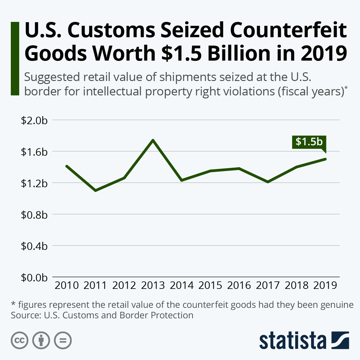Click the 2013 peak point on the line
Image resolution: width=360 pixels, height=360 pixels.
point(153,140)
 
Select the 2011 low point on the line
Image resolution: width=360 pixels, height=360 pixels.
point(95,190)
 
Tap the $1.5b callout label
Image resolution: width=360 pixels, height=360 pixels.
point(309,142)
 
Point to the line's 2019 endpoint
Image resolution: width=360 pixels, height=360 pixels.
point(325,159)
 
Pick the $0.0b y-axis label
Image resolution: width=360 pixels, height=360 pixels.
point(34,277)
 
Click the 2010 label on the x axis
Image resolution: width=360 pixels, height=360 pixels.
point(67,285)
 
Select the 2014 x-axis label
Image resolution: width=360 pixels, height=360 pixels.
point(181,285)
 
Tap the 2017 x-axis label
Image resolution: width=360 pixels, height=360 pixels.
point(268,285)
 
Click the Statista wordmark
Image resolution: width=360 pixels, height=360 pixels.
point(293,341)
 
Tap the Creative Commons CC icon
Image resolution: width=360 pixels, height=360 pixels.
point(19,340)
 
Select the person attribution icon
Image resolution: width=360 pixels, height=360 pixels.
point(41,340)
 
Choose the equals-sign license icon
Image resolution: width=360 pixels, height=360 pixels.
point(63,340)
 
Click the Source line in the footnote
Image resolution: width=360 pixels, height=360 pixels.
point(102,315)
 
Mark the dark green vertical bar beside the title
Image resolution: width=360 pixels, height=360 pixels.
point(15,58)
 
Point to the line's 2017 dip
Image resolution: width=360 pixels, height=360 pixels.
point(268,182)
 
